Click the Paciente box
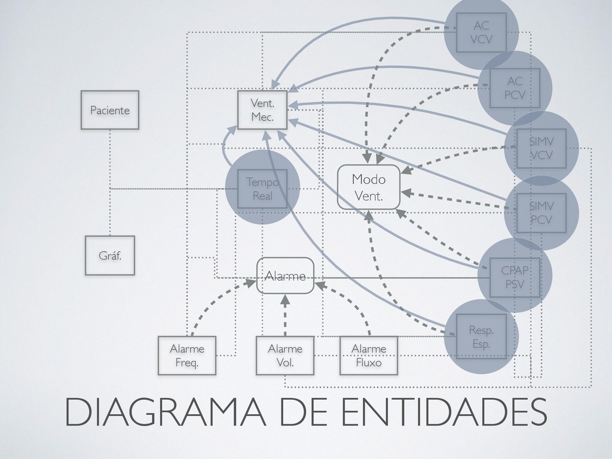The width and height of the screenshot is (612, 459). pyautogui.click(x=110, y=110)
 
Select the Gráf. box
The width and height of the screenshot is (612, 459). pyautogui.click(x=109, y=255)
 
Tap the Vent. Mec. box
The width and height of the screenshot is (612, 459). pyautogui.click(x=262, y=110)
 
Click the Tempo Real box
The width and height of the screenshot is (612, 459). pyautogui.click(x=262, y=188)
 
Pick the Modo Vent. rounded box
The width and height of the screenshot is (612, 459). pyautogui.click(x=369, y=187)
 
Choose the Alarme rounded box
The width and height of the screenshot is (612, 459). pyautogui.click(x=285, y=276)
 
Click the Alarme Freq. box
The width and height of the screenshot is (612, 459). pyautogui.click(x=187, y=355)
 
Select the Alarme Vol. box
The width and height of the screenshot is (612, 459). pyautogui.click(x=284, y=355)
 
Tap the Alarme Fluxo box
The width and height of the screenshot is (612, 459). pyautogui.click(x=368, y=355)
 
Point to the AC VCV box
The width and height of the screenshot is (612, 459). pyautogui.click(x=481, y=33)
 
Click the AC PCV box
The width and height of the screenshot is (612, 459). pyautogui.click(x=514, y=88)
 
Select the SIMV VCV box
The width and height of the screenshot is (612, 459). pyautogui.click(x=541, y=148)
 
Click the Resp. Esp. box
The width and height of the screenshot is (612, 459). pyautogui.click(x=481, y=336)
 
